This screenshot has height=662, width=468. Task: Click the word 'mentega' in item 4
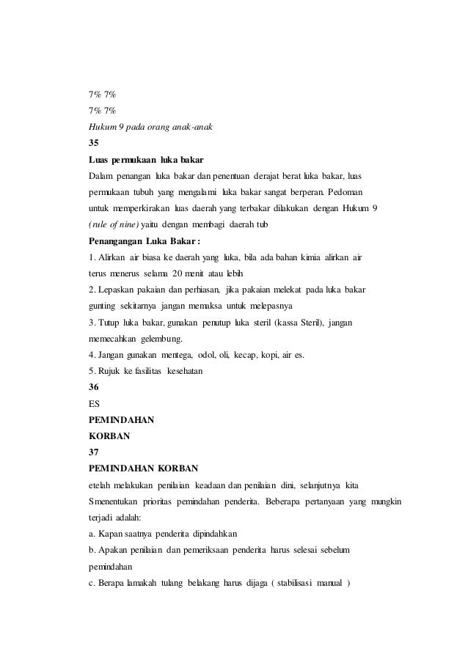171,355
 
